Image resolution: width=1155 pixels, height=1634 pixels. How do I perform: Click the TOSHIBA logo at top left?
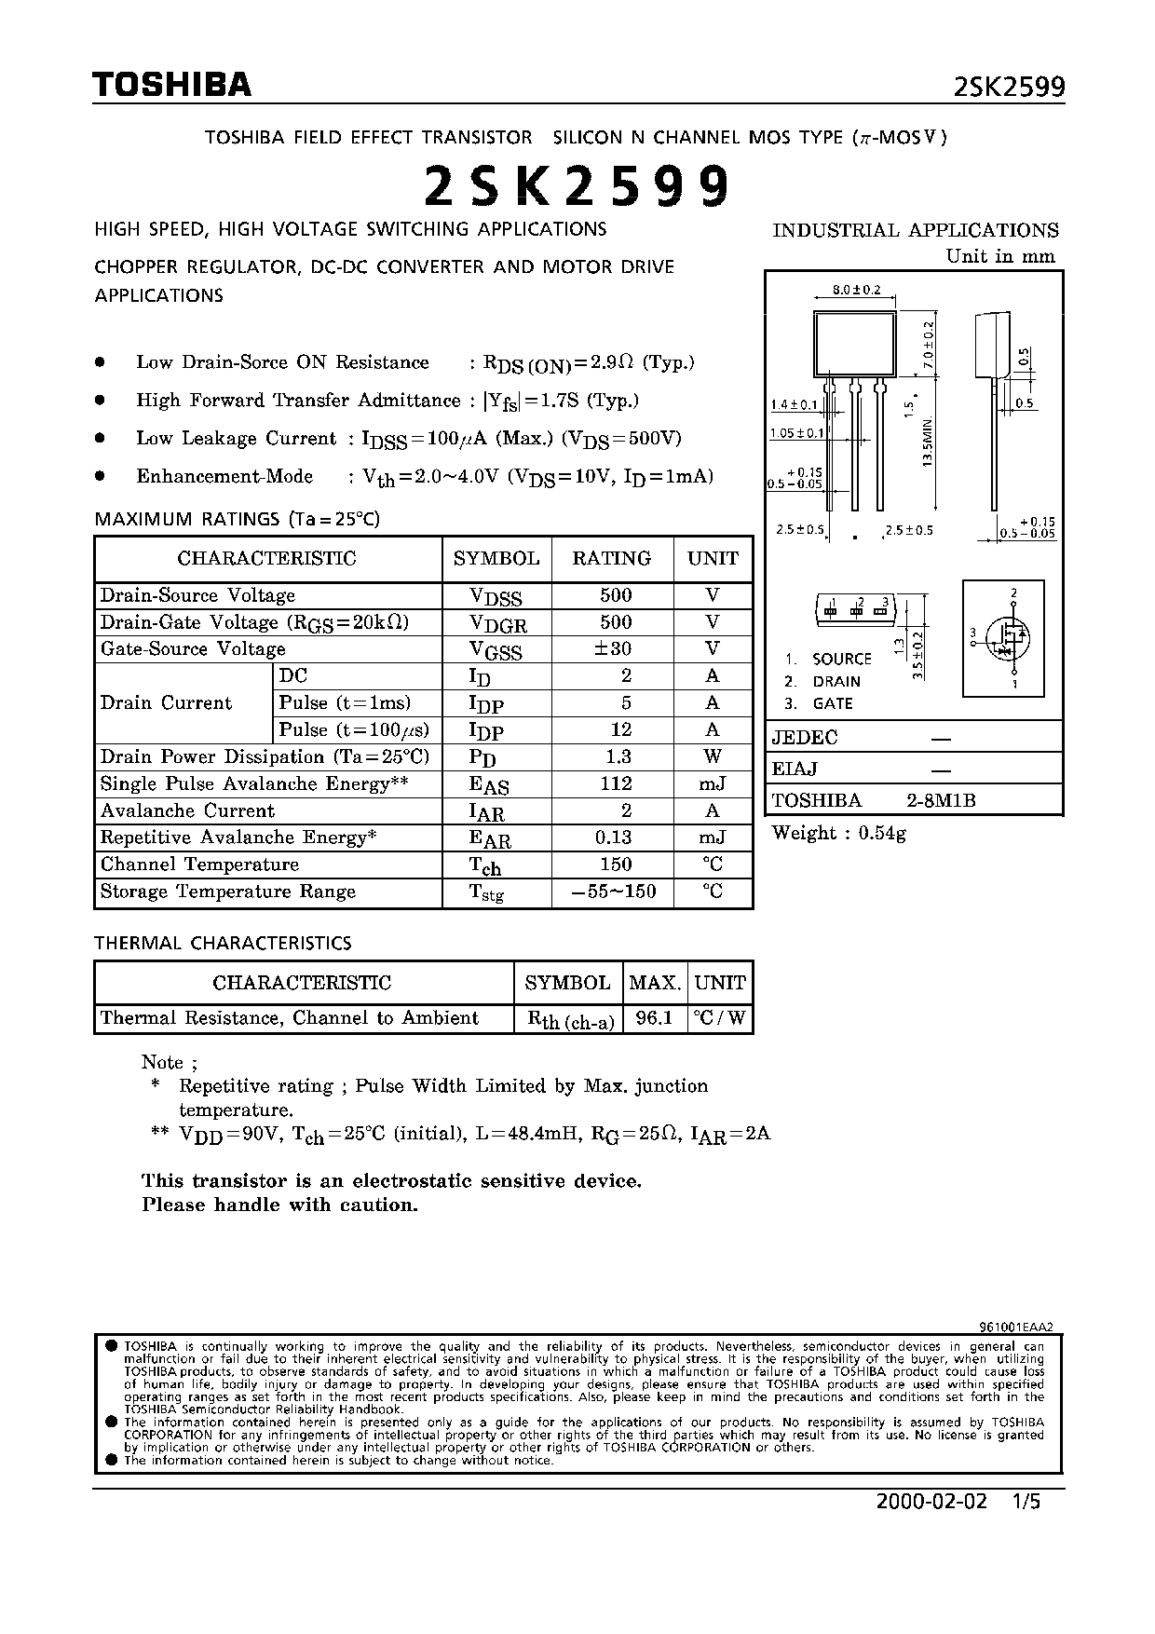[x=171, y=86]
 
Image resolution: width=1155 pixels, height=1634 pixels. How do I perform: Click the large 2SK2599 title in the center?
[x=577, y=187]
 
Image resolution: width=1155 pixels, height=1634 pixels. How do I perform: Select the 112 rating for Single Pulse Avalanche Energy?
[x=616, y=783]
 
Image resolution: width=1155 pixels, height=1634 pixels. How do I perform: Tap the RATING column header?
[x=611, y=558]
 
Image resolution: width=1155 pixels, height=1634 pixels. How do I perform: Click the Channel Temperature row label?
[x=199, y=865]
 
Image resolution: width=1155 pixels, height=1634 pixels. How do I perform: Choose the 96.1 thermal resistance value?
[x=654, y=1018]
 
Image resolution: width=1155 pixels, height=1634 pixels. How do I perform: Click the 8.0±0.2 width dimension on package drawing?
[x=856, y=290]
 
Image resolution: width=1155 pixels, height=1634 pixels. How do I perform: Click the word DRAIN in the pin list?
[x=836, y=681]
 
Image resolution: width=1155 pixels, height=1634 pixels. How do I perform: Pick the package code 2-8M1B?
[x=942, y=800]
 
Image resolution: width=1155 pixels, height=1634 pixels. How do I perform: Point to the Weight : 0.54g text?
[x=838, y=833]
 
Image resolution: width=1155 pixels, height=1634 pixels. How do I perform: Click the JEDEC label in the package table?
[x=805, y=738]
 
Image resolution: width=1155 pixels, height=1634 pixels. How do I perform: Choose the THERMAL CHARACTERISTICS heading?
[x=224, y=943]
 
